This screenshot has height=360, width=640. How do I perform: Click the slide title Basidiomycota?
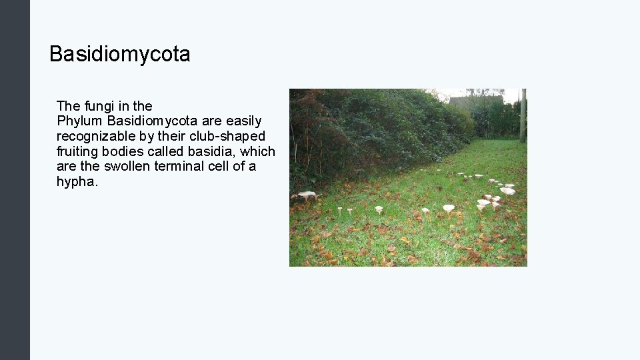pos(120,54)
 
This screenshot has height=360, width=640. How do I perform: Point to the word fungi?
pos(98,106)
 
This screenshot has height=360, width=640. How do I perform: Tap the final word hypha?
pos(77,181)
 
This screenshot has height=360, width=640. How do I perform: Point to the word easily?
pos(243,121)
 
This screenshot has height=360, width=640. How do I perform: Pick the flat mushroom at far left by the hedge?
pos(306,194)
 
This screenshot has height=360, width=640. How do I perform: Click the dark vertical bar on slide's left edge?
pos(15,180)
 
